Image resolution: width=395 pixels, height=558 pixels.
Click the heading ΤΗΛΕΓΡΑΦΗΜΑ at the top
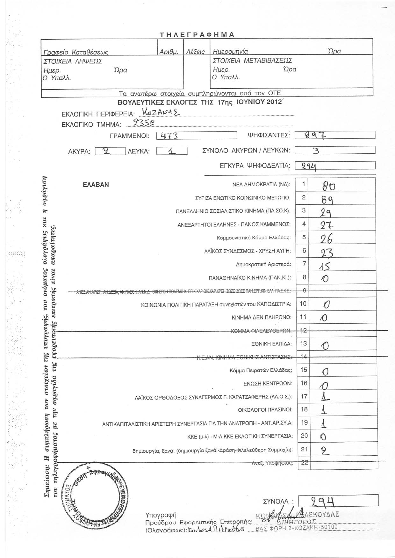coord(197,34)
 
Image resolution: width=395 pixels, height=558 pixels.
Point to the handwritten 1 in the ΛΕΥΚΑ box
coord(171,151)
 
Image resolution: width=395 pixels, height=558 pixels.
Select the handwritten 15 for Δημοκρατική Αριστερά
coord(325,265)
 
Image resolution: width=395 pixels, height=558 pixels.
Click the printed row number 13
coord(304,343)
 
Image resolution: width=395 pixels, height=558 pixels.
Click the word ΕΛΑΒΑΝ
coord(96,185)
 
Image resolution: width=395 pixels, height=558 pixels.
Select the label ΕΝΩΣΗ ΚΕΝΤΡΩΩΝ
coord(267,384)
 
